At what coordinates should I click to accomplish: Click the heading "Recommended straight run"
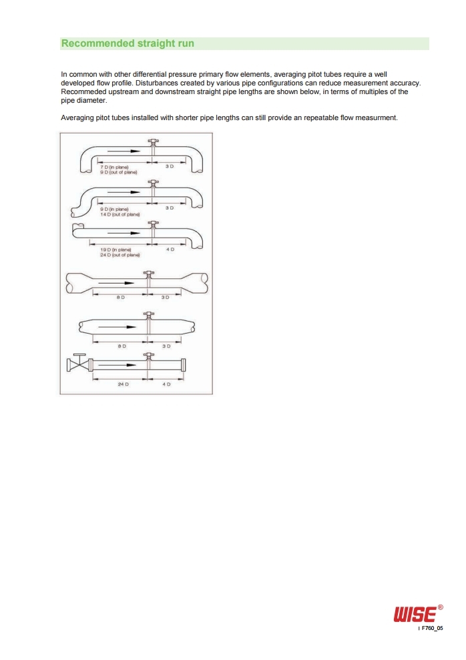click(x=128, y=43)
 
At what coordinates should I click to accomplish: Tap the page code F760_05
click(x=433, y=628)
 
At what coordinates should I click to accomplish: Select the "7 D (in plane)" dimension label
click(x=114, y=167)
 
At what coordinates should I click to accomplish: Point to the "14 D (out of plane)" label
click(x=120, y=214)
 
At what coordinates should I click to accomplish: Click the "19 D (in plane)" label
click(x=115, y=250)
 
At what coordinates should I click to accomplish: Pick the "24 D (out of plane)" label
click(x=120, y=255)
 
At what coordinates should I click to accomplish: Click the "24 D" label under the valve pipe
click(x=123, y=384)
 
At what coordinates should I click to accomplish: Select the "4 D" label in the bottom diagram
click(x=166, y=384)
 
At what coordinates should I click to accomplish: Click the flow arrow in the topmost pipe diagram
click(x=124, y=151)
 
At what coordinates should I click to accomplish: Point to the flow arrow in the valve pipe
click(x=119, y=364)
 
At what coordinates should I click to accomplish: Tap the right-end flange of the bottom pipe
click(x=183, y=365)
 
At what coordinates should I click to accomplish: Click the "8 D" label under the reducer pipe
click(x=121, y=297)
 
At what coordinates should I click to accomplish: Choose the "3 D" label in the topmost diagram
click(x=169, y=166)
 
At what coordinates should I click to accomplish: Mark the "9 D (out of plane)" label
click(x=118, y=172)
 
